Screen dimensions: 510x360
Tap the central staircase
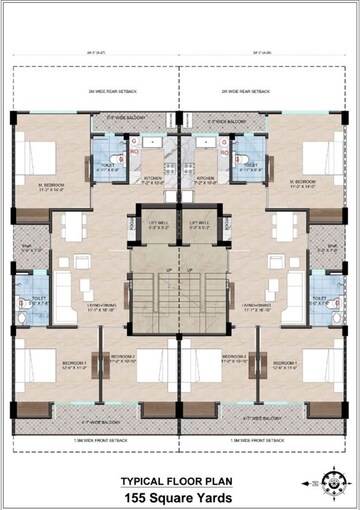[179, 300]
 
